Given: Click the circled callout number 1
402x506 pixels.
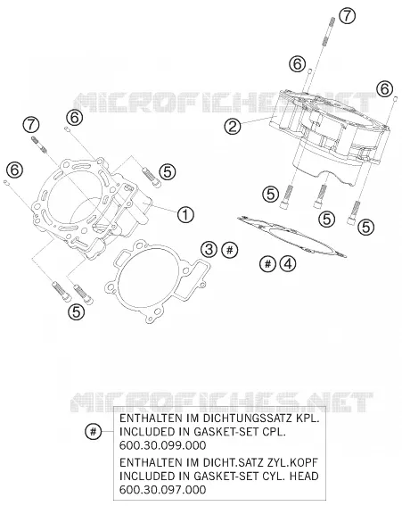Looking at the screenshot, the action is click(185, 214).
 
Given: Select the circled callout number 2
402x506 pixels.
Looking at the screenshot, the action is click(233, 126).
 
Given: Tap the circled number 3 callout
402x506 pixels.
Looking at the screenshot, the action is click(209, 250).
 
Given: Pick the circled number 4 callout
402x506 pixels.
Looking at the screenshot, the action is click(288, 263).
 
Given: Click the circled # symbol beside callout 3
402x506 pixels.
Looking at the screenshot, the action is click(230, 250).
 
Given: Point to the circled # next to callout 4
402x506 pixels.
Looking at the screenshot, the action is click(268, 263).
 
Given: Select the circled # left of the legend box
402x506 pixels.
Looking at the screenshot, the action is click(94, 431).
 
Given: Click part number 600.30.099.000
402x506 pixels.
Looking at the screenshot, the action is click(162, 445).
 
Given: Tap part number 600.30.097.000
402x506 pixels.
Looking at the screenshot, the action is click(162, 490).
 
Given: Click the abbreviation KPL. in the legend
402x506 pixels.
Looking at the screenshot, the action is click(308, 419).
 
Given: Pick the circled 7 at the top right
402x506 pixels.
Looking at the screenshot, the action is click(347, 16).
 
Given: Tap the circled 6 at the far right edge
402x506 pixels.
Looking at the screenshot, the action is click(384, 88).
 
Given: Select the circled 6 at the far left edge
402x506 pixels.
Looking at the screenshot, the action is click(15, 170).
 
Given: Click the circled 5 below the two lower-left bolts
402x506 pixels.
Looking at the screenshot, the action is click(77, 311).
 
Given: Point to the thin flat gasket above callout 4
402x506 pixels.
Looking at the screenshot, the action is click(291, 236).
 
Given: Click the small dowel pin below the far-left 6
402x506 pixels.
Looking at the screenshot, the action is click(6, 183).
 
